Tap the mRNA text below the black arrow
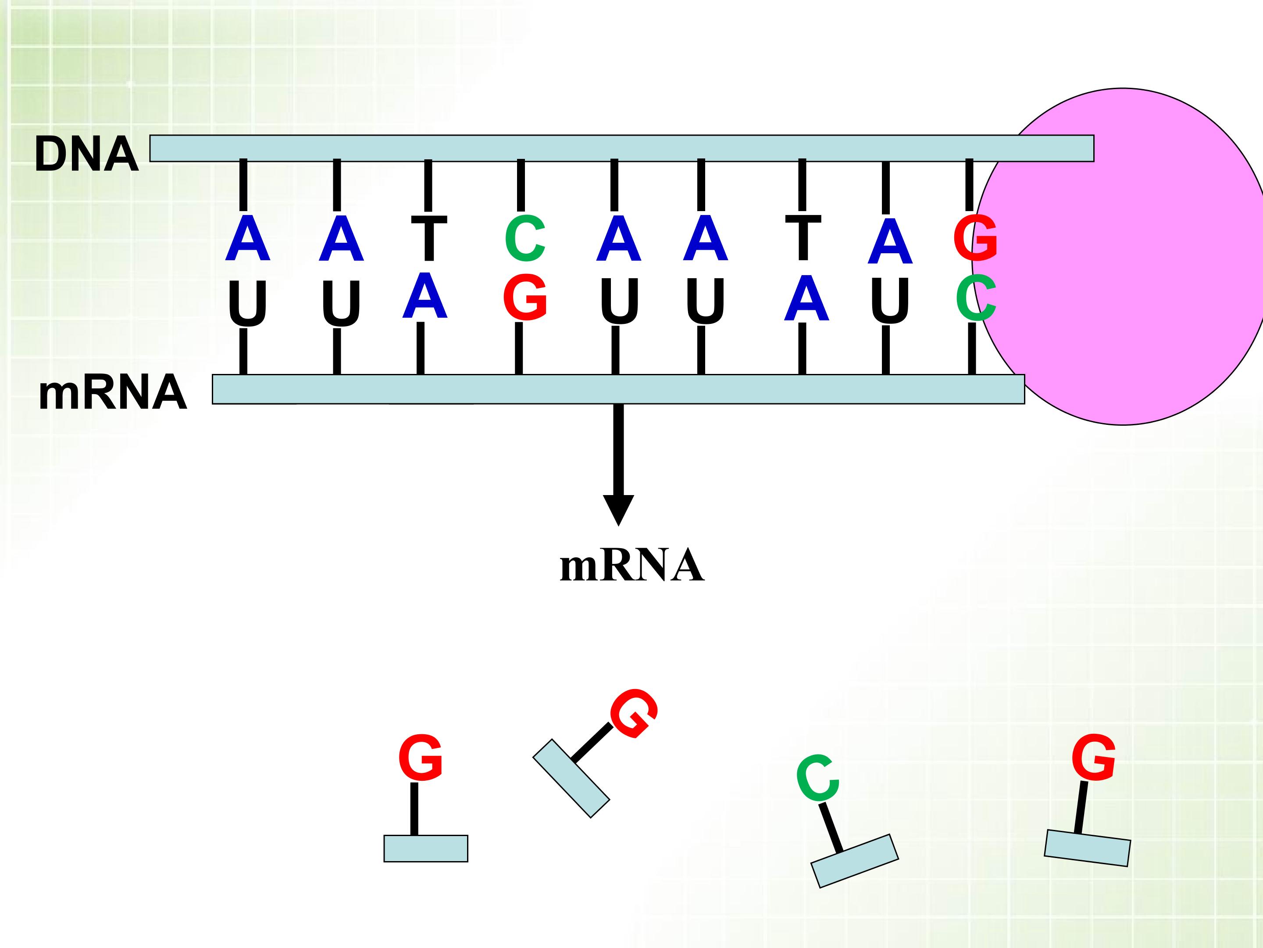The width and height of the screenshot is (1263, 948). click(631, 566)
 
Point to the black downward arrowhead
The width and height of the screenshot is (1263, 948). click(618, 509)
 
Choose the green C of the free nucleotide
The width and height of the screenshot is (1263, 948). click(817, 778)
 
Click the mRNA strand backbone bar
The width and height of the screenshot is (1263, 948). click(618, 389)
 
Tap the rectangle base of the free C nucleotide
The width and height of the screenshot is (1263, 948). click(854, 861)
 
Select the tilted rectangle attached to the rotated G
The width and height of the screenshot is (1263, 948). click(571, 778)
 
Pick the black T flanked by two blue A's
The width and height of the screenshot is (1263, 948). click(803, 237)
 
